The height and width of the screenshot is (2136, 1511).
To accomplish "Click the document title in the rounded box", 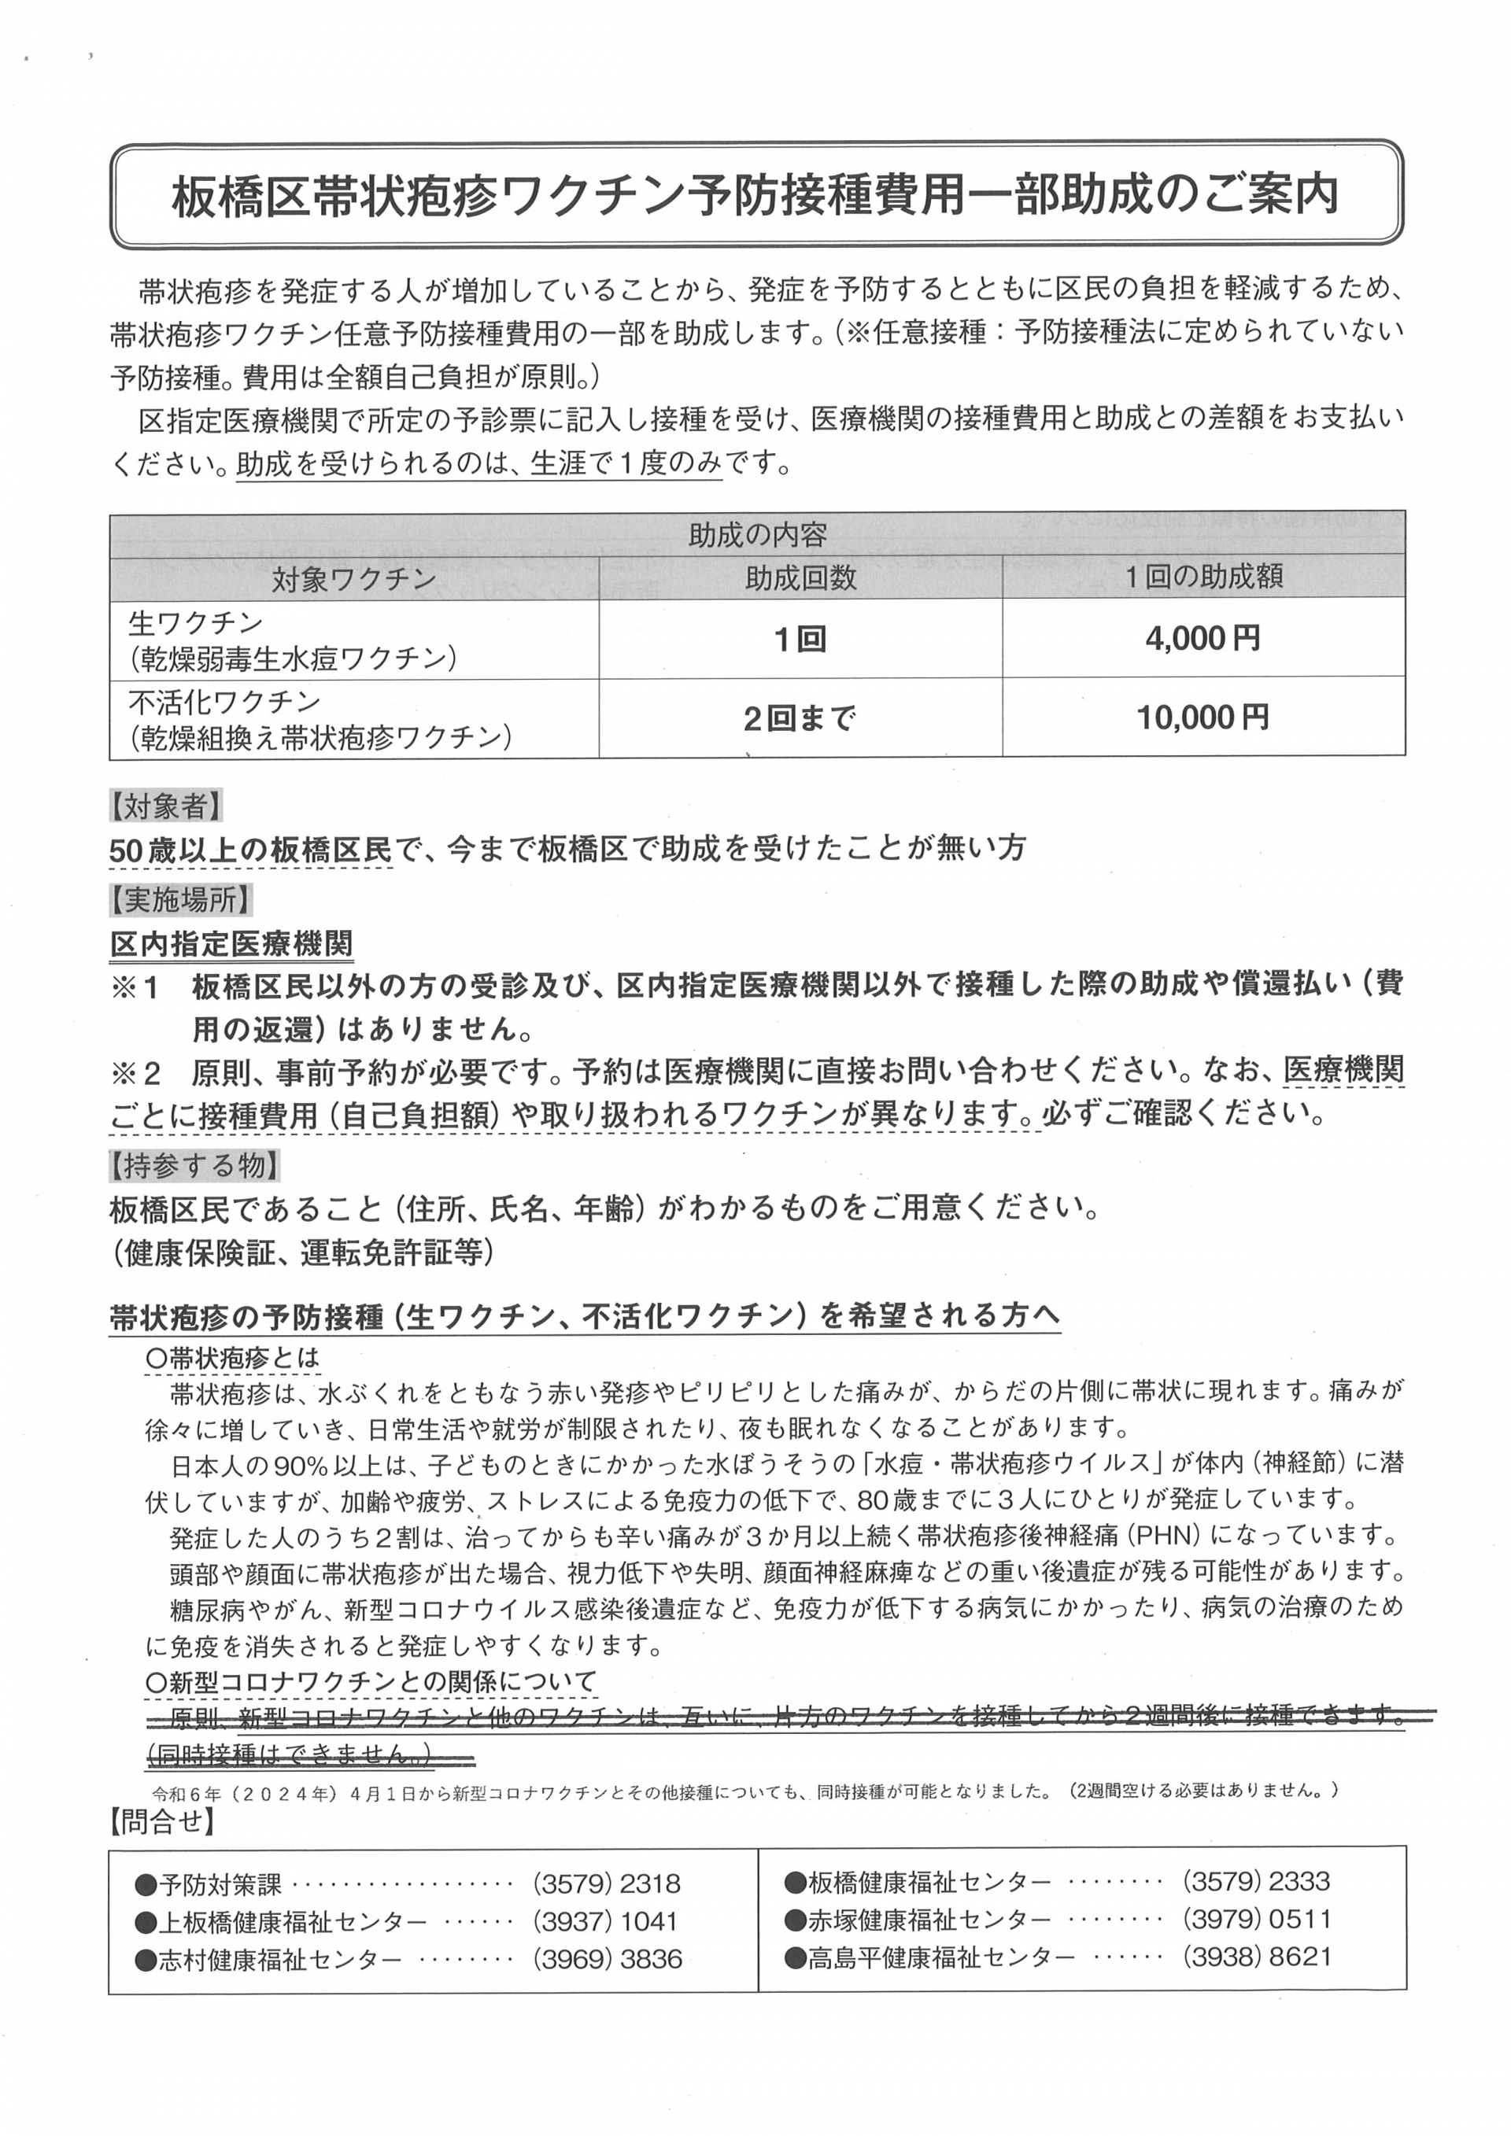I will [x=755, y=195].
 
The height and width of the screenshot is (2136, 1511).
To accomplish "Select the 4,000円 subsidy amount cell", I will [x=1203, y=638].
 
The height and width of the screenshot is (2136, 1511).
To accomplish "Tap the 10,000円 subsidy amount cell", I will [x=1203, y=718].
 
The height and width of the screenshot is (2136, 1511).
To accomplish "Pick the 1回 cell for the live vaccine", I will [x=800, y=639].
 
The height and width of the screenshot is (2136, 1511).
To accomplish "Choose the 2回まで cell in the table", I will [x=800, y=718].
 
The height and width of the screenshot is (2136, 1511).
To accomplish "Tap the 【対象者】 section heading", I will [x=165, y=806].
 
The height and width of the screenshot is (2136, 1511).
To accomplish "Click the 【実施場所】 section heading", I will [x=179, y=899].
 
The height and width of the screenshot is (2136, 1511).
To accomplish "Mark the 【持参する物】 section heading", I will [x=194, y=1164].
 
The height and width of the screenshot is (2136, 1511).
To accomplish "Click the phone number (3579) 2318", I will [x=607, y=1885].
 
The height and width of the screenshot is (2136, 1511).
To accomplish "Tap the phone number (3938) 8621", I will [x=1256, y=1957].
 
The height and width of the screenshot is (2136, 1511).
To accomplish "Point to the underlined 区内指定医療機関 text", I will [x=231, y=944].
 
